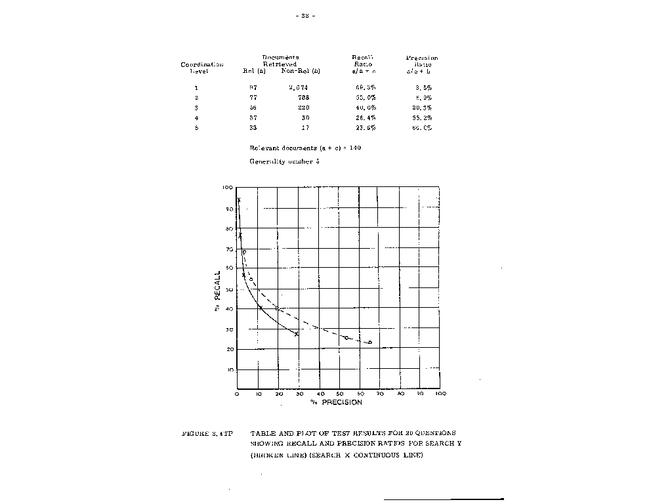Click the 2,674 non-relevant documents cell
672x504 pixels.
[298, 87]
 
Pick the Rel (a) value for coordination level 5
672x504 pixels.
[253, 128]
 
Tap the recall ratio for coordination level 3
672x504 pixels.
[365, 108]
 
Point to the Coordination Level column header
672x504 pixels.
[202, 68]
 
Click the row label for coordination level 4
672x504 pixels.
[196, 117]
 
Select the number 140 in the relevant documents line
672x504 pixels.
[354, 148]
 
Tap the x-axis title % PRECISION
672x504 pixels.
[336, 402]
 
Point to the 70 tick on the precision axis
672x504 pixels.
[379, 394]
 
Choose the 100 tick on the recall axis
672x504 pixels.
[228, 188]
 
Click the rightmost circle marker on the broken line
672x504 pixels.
[370, 343]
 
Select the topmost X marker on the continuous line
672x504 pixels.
[239, 199]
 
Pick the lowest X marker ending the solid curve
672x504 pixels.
[296, 334]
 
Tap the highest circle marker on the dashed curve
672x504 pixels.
[244, 252]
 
